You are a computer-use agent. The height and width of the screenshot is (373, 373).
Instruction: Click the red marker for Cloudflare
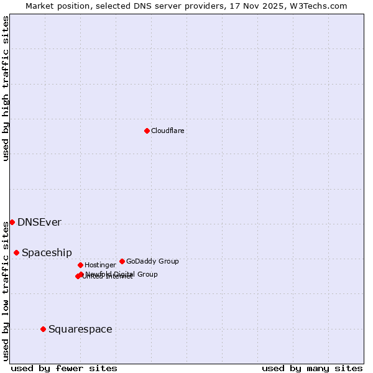(x=147, y=131)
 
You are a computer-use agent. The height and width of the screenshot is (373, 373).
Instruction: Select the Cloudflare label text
(x=167, y=131)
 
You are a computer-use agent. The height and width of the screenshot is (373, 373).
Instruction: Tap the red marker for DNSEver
(x=12, y=222)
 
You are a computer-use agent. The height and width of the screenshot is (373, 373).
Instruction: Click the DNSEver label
(x=39, y=223)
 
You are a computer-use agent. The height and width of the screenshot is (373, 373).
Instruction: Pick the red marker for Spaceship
(x=16, y=252)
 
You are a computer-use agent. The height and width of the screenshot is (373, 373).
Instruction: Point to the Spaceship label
(x=47, y=253)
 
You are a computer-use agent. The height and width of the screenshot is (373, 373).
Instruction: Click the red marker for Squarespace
(x=43, y=329)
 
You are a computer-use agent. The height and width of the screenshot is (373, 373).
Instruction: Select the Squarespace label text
(x=80, y=329)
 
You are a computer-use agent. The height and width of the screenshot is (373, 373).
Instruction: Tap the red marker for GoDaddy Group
(x=122, y=261)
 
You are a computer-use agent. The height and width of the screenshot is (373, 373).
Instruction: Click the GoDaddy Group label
(x=152, y=261)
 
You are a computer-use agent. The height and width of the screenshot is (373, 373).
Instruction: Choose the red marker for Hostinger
(x=80, y=265)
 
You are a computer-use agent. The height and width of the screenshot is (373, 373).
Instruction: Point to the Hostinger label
(x=100, y=265)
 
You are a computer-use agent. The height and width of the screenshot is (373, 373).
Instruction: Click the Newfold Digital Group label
(x=122, y=274)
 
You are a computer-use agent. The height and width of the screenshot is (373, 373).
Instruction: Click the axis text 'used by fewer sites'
(x=64, y=368)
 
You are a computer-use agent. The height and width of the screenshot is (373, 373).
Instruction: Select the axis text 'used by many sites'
(x=312, y=368)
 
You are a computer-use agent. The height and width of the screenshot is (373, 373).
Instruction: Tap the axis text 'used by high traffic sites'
(x=6, y=88)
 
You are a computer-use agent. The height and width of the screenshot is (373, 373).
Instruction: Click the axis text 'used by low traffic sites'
(x=6, y=290)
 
